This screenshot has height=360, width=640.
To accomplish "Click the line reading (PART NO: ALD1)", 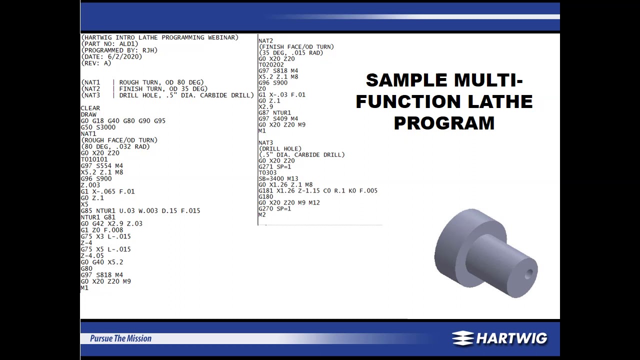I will pos(109,44).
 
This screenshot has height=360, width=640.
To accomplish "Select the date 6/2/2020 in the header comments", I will pos(124,57).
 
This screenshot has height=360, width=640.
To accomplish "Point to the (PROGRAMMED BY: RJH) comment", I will pos(119,50).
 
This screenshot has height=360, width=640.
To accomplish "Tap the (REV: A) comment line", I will pos(96,63).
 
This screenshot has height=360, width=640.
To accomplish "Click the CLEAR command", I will pos(90,108).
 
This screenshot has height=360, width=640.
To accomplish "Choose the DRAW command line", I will pos(88,114).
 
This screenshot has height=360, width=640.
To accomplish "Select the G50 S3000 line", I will pos(98,127).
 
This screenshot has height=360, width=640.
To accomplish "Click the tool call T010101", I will pos(94,159).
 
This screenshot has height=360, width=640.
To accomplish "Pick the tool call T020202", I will pos(271,64).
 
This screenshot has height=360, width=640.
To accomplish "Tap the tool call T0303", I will pos(267,172).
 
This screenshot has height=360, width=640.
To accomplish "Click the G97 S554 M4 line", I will pos(101,166).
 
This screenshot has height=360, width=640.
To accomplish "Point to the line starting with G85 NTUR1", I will pos(140,211).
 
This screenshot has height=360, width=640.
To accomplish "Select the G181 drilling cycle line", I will pos(317,190).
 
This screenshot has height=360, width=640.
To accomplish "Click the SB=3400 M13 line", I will pos(278,178).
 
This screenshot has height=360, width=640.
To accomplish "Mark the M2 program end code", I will pos(262,214).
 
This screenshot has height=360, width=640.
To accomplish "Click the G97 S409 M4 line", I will pos(278,118).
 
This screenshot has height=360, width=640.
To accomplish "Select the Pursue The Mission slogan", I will pos(120,338).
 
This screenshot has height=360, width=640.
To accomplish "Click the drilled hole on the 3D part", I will pos(528,274).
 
